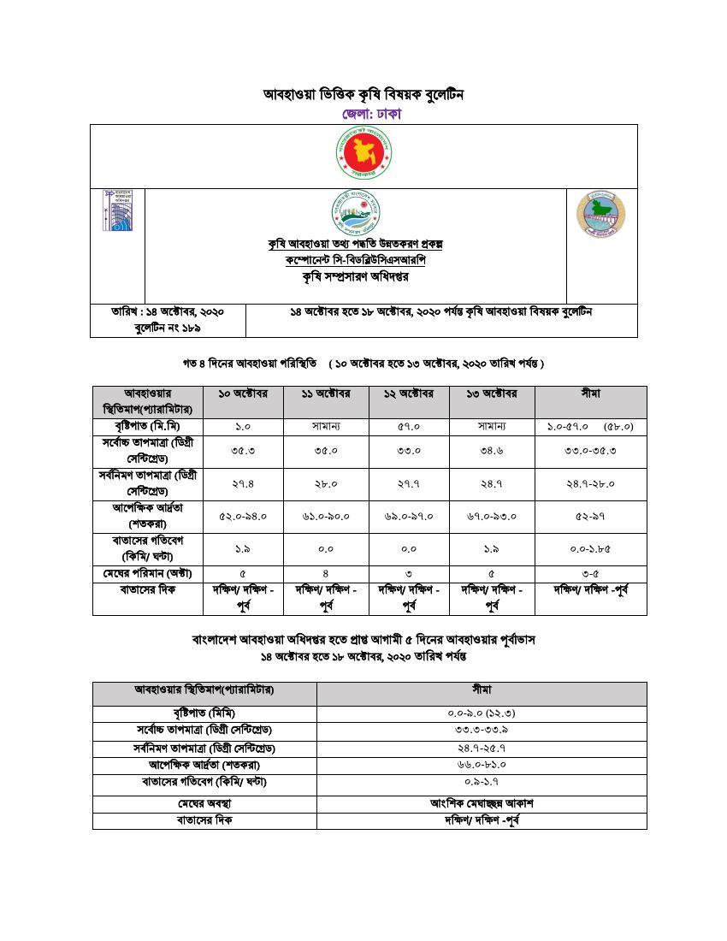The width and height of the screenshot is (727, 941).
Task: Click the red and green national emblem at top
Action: coord(363,154)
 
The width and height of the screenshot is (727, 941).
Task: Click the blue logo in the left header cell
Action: coord(117,210)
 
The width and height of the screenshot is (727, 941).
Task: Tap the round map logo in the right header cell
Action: coord(601,214)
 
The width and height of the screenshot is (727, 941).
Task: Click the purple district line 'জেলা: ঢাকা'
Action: coord(371,114)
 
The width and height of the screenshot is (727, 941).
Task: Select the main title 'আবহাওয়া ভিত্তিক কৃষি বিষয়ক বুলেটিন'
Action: coord(363,94)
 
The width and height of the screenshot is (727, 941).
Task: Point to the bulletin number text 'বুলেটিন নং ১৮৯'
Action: coord(168,328)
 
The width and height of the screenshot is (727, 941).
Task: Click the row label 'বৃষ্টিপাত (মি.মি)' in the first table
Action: coord(147,426)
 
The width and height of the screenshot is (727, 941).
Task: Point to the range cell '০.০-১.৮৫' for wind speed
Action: coord(590,549)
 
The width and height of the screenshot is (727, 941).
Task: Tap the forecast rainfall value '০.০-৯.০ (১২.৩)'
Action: coord(482,713)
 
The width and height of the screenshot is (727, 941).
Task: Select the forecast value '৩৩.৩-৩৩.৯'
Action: coord(482,730)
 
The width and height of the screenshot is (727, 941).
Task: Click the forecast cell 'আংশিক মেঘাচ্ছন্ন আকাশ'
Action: coord(482,803)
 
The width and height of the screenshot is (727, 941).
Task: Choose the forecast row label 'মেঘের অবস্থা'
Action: coord(204,803)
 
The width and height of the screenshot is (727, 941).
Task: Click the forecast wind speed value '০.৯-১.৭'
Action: coord(482,782)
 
